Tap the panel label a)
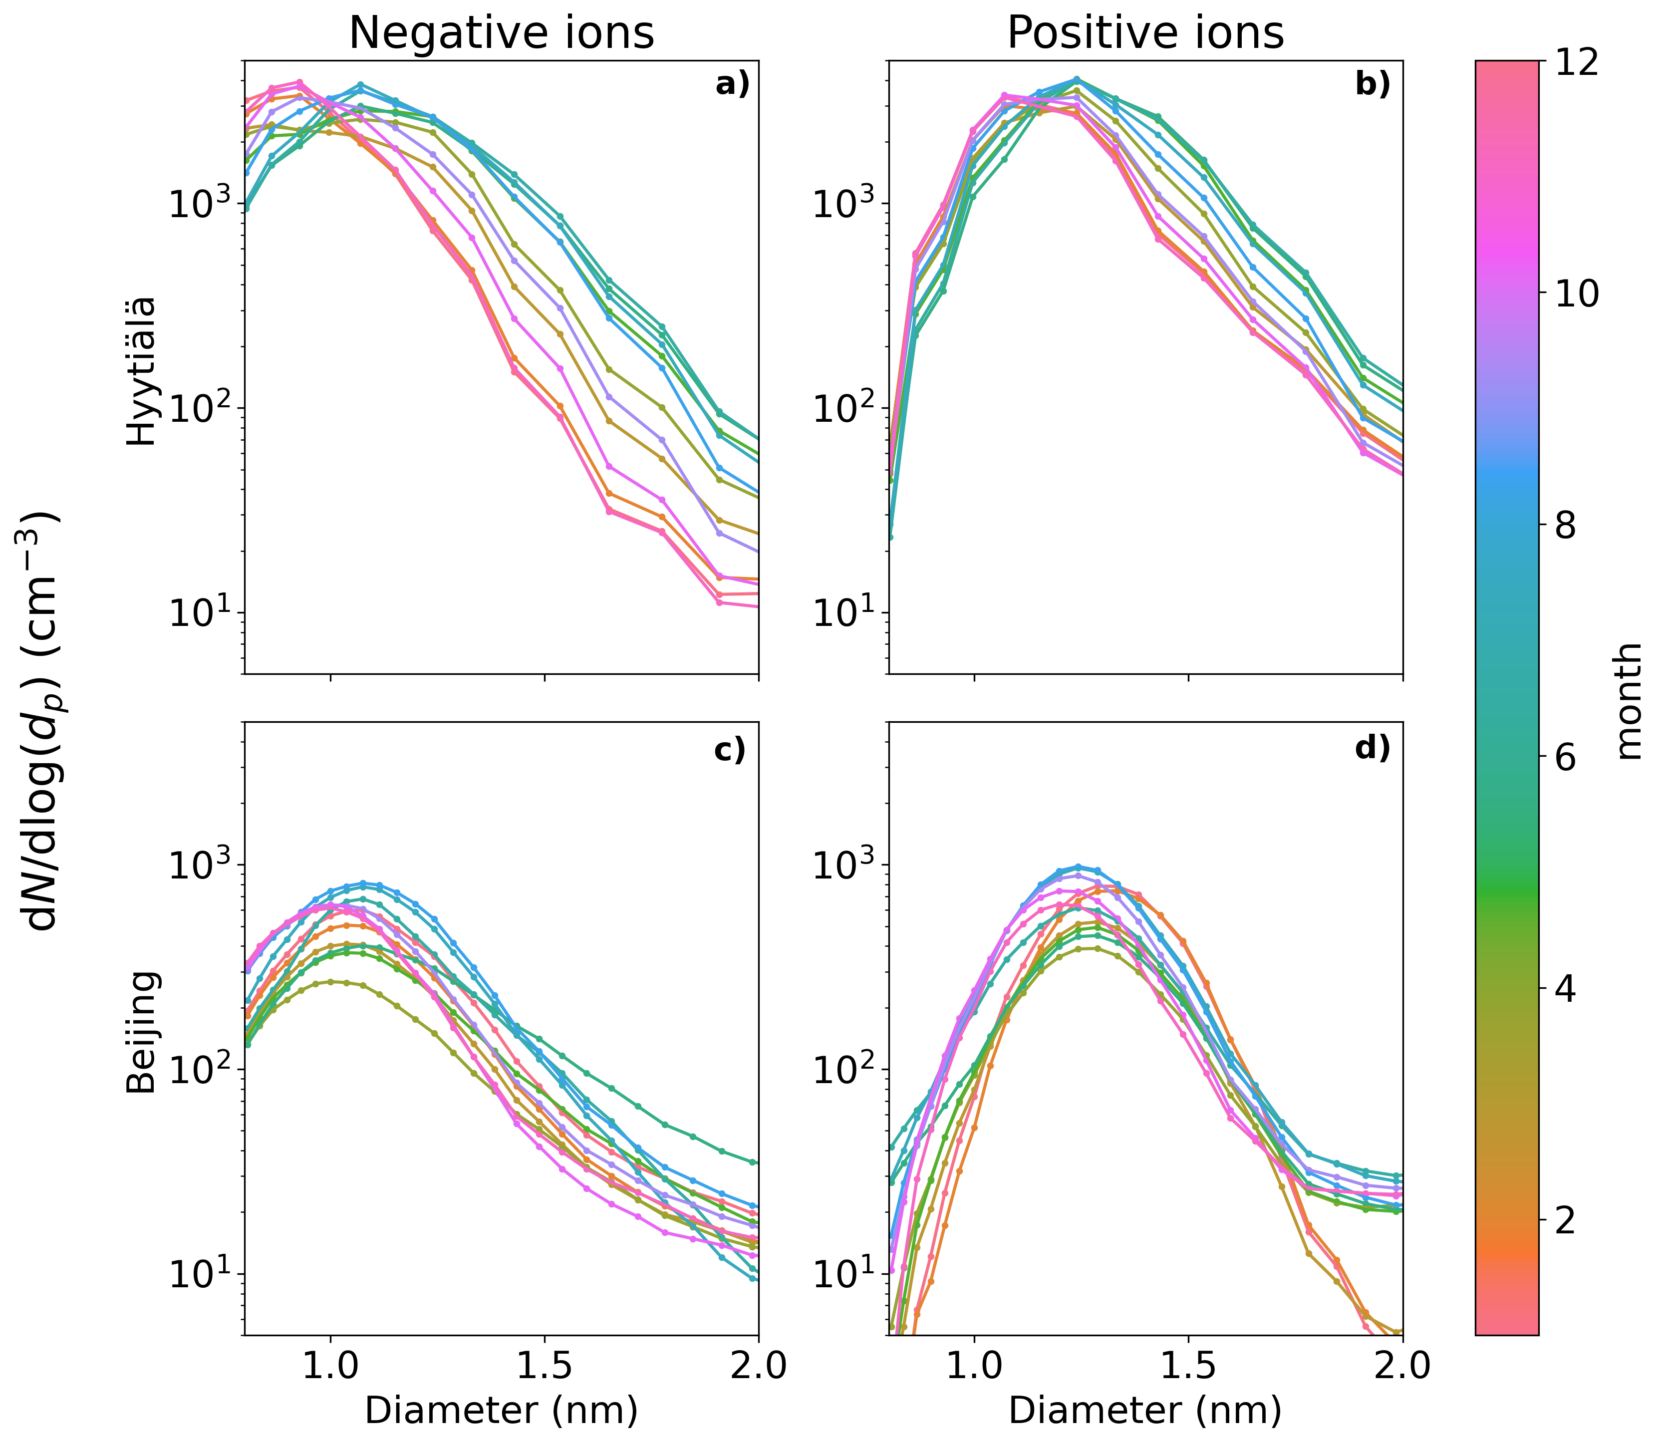tap(732, 84)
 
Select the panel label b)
tap(1373, 84)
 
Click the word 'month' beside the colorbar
tap(1629, 700)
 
